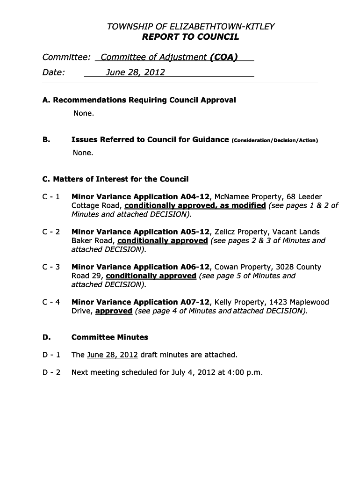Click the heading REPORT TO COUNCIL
(x=190, y=37)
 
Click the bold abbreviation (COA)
(x=224, y=58)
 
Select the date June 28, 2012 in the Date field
(x=135, y=73)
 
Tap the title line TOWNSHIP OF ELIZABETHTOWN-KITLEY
(x=190, y=27)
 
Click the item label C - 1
(x=51, y=197)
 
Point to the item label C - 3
(x=51, y=267)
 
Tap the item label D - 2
(x=51, y=373)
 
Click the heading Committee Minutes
(x=109, y=337)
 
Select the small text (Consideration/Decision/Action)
(x=274, y=140)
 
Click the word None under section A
(x=83, y=113)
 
